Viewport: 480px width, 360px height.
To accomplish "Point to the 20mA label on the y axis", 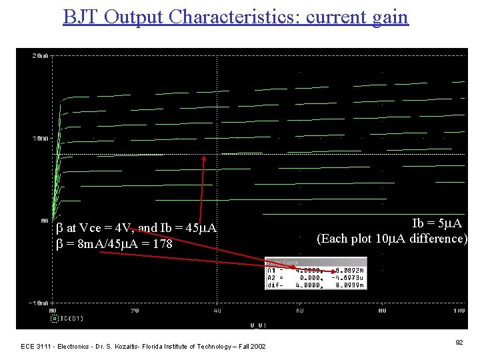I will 39,56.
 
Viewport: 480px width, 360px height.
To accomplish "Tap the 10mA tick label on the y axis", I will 39,138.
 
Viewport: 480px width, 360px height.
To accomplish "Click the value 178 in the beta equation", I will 162,245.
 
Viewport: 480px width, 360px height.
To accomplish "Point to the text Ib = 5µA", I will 437,223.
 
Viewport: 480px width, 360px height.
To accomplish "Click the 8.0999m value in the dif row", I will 351,285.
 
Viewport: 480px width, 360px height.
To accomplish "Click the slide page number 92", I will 459,342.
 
